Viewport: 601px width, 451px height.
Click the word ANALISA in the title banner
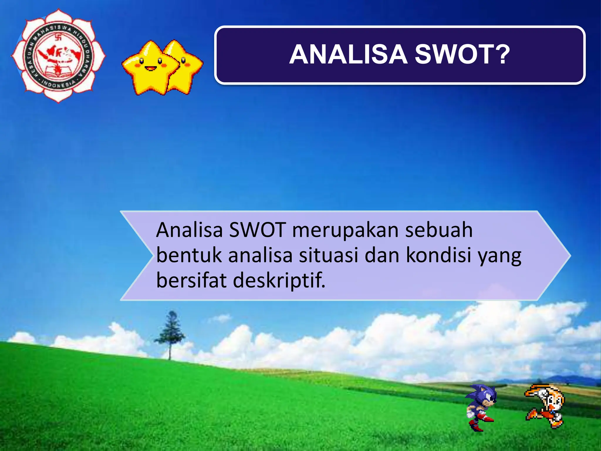[348, 55]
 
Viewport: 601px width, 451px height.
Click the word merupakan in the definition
[345, 230]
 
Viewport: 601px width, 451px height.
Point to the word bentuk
[189, 255]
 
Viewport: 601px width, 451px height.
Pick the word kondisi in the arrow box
[438, 255]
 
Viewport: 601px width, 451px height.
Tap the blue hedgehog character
[481, 407]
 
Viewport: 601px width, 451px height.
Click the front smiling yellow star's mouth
[151, 69]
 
